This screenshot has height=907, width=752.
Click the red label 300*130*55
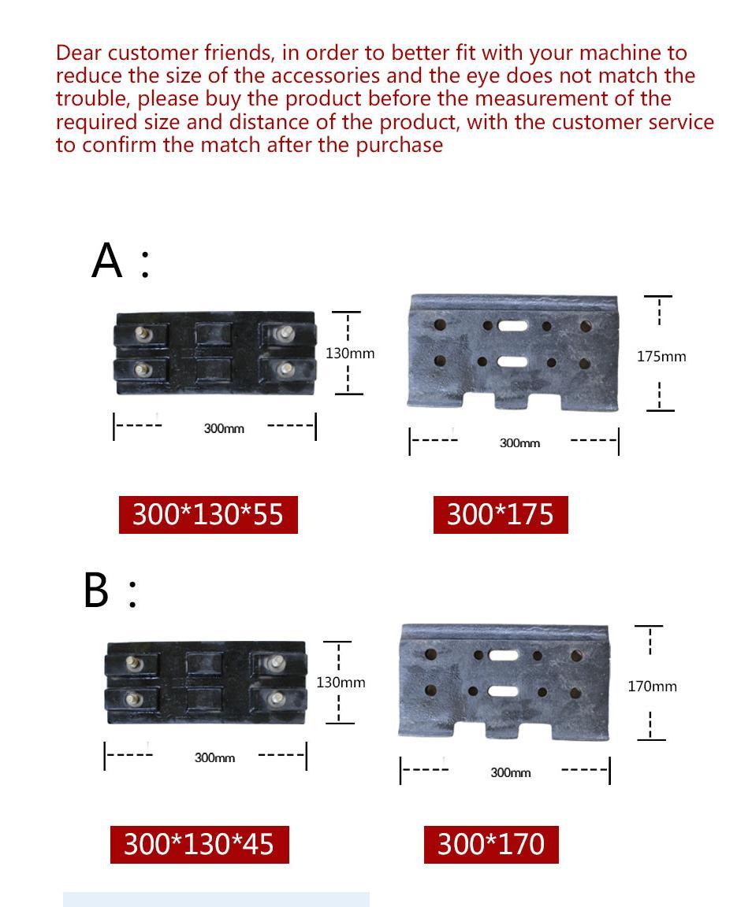208,514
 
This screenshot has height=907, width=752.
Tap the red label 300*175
501,514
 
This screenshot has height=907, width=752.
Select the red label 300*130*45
199,844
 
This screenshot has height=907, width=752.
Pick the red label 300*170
491,844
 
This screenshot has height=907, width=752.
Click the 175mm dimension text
661,357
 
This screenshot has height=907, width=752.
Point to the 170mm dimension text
653,687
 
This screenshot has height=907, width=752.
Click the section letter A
107,261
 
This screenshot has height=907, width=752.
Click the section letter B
96,590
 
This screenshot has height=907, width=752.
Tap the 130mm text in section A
350,354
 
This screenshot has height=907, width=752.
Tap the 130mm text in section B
341,683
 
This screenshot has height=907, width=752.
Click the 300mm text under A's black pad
224,428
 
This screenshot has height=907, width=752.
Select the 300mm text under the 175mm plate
519,443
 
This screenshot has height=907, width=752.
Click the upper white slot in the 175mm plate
512,325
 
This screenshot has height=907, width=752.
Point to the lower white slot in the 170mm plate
503,691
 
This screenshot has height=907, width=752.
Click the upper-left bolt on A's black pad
142,333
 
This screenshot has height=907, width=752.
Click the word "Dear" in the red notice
79,53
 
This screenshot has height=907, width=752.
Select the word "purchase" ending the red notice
399,145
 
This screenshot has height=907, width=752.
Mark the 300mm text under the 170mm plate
511,773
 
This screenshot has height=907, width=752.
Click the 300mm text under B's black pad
214,757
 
